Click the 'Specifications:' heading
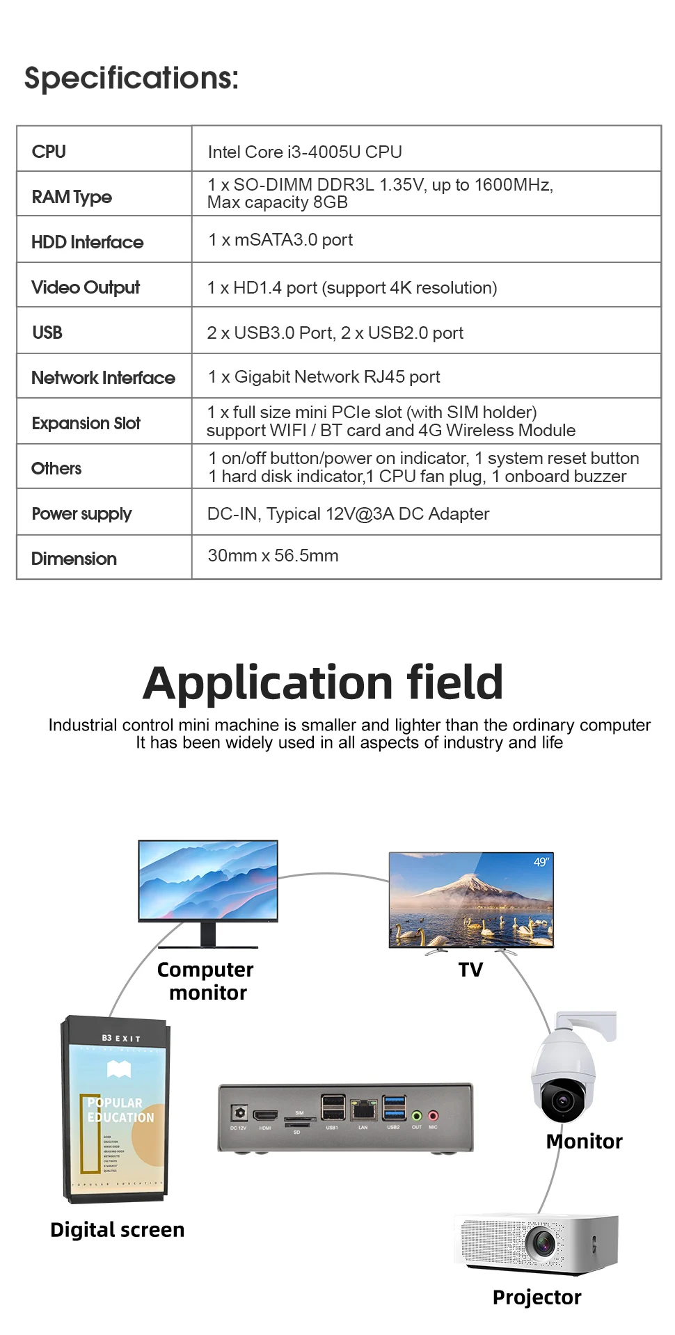point(132,78)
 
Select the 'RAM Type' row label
point(72,197)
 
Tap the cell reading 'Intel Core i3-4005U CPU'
point(305,152)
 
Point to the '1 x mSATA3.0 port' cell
point(280,240)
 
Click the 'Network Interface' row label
point(103,378)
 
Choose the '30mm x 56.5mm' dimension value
point(273,556)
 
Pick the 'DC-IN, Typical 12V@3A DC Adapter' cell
point(348,514)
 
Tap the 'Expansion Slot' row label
point(86,423)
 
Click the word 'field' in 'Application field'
point(454,682)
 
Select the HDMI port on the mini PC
point(265,1115)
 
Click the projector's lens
point(541,1243)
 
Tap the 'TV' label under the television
point(470,970)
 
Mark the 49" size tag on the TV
point(541,862)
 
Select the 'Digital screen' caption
point(117,1230)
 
